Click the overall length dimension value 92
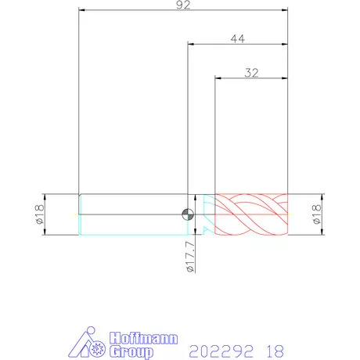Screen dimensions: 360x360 click(x=183, y=5)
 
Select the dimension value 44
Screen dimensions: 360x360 click(x=238, y=39)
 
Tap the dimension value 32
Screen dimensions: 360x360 click(x=251, y=73)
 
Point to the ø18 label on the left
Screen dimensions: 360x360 click(x=39, y=214)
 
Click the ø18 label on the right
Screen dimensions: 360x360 click(x=316, y=214)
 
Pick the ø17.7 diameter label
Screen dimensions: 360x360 click(x=190, y=257)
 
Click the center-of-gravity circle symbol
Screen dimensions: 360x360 click(x=188, y=214)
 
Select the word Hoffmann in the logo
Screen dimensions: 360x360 click(x=143, y=338)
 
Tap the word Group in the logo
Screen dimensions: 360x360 click(x=131, y=352)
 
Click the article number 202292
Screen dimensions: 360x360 click(x=221, y=351)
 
